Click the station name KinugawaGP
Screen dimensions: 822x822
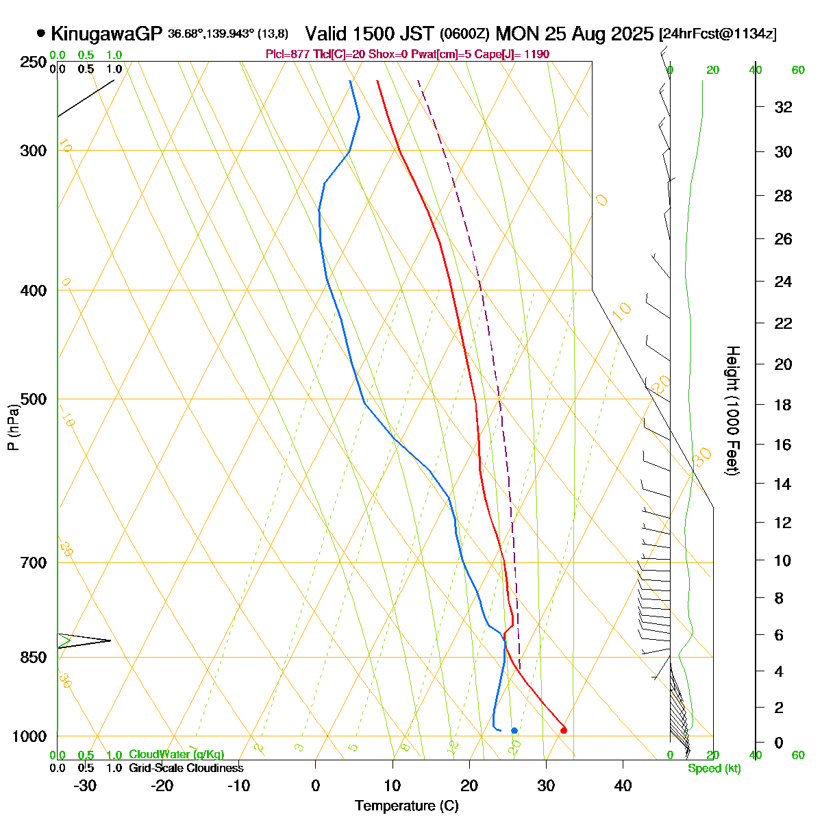tap(106, 34)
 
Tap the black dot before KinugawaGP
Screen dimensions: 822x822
tap(41, 33)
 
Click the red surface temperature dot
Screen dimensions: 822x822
tap(564, 730)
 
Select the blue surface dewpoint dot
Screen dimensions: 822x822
tap(514, 730)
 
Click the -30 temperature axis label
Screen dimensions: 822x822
tap(85, 786)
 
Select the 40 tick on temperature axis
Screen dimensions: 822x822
tap(623, 786)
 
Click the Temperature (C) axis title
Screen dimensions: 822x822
tap(407, 806)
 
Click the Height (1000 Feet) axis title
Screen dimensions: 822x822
tap(732, 410)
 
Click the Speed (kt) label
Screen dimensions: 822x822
tap(714, 769)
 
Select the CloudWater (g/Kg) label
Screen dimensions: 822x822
tap(176, 755)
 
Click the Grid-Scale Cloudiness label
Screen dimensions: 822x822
tap(186, 769)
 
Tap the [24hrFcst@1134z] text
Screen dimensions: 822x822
tap(717, 34)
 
